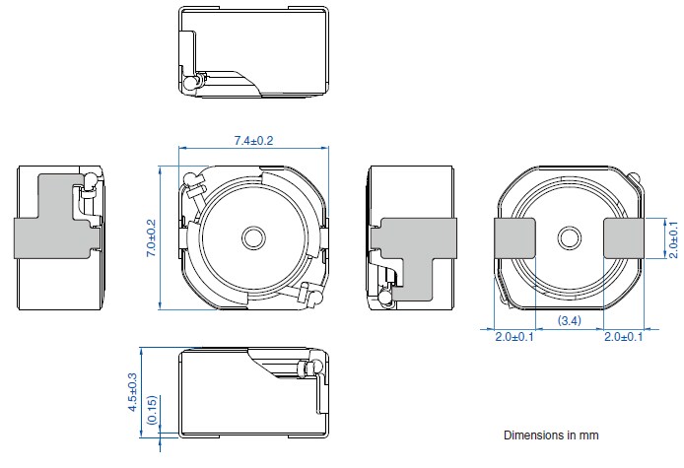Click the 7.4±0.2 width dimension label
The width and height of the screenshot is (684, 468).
pyautogui.click(x=253, y=141)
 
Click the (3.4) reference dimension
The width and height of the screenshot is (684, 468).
pyautogui.click(x=569, y=321)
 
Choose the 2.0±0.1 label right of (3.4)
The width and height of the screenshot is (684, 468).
pyautogui.click(x=625, y=338)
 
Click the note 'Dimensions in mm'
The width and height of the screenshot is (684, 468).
pyautogui.click(x=551, y=435)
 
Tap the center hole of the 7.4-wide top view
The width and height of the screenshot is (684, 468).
pyautogui.click(x=253, y=237)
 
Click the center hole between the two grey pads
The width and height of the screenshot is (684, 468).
pyautogui.click(x=569, y=237)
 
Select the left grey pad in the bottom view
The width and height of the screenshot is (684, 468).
pyautogui.click(x=513, y=238)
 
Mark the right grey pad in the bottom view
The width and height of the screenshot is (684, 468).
pyautogui.click(x=623, y=238)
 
